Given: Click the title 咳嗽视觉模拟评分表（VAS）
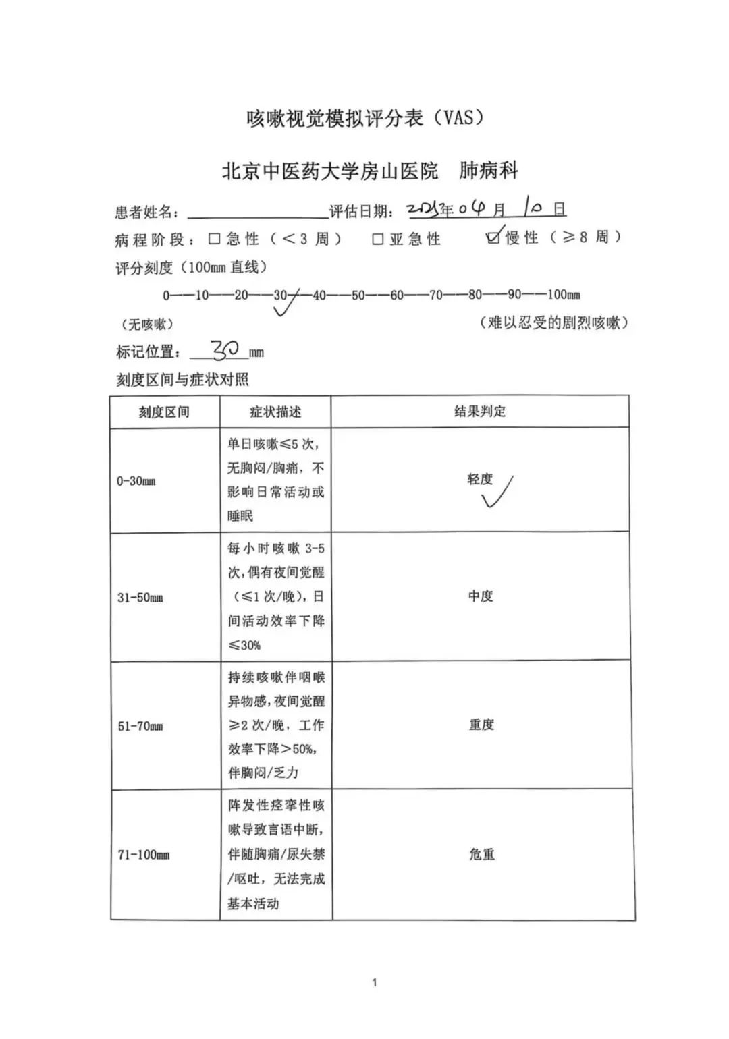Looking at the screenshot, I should click(365, 119).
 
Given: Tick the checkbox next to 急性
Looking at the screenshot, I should click(215, 239).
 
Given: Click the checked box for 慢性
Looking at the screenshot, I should click(493, 237).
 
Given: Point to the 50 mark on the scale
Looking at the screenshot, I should click(358, 295).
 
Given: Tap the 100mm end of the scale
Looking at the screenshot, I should click(563, 295).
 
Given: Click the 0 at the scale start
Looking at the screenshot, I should click(166, 296).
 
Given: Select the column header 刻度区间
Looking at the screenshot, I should click(164, 412).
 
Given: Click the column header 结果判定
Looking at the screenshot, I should click(479, 411).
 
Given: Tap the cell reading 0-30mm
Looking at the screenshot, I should click(136, 481).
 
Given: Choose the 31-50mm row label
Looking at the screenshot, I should click(140, 598).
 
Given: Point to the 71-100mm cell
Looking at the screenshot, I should click(144, 855).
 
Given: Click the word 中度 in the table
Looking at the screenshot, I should click(481, 596).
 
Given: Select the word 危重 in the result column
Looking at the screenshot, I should click(482, 854).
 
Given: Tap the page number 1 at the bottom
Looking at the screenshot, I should click(375, 982).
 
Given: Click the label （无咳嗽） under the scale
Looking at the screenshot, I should click(147, 325).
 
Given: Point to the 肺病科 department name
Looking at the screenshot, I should click(489, 171).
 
